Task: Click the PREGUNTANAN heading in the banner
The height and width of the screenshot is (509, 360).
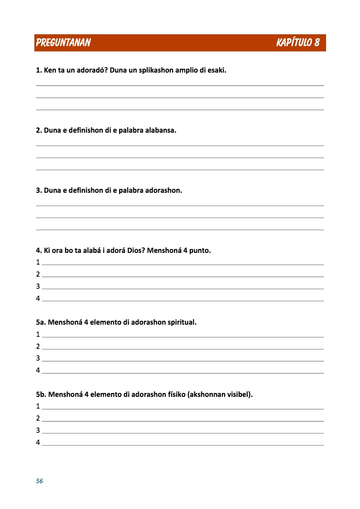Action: click(63, 43)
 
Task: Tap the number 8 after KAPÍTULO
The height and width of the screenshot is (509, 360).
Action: click(317, 43)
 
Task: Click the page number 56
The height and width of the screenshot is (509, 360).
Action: click(39, 481)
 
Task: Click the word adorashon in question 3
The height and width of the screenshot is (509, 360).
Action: click(165, 190)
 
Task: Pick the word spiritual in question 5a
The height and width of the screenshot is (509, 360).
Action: click(182, 323)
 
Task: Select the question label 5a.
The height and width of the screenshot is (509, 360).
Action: click(40, 323)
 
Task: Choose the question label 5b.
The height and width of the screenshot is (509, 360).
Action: click(41, 394)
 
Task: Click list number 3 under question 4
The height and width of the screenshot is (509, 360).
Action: click(38, 286)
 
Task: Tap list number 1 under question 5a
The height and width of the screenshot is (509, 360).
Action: click(38, 334)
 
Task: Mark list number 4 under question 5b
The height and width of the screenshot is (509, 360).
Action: click(38, 442)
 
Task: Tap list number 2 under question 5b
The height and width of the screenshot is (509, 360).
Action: click(38, 418)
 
